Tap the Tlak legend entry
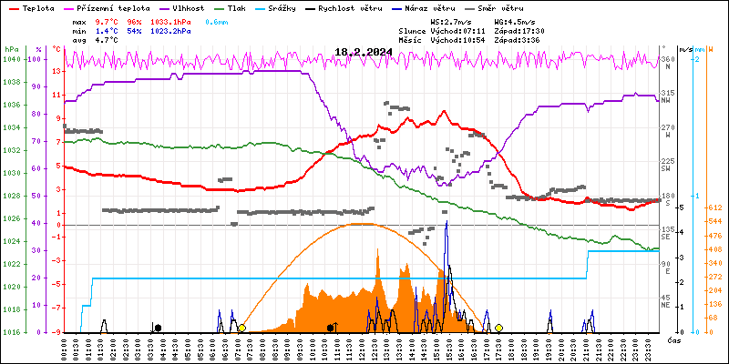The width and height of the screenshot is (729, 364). pos(238,7)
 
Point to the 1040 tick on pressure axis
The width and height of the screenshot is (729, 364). pos(12,60)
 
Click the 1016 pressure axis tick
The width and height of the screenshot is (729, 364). pos(12,332)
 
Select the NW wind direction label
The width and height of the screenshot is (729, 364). pos(666,101)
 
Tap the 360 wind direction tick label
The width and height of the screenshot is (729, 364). pos(667,60)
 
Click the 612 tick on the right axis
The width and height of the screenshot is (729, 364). pos(714,207)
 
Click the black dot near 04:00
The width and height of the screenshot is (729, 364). pos(158,328)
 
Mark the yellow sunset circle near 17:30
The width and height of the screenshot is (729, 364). pos(499,328)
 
